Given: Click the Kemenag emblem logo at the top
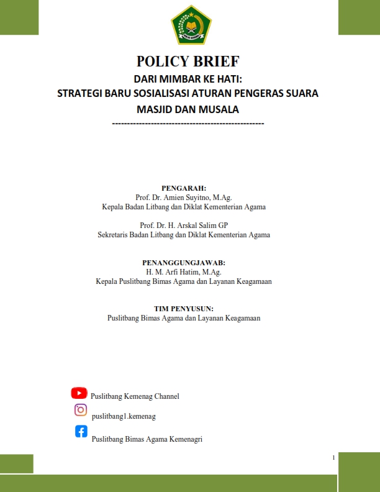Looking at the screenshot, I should click(191, 25).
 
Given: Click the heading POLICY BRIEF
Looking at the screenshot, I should click(188, 61).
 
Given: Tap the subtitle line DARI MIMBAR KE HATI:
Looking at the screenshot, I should click(188, 79).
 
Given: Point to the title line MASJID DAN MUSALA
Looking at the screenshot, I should click(188, 109).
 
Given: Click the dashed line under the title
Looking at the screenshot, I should click(188, 124).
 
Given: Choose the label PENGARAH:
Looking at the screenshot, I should click(184, 187).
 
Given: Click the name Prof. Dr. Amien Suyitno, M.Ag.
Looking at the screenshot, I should click(184, 197).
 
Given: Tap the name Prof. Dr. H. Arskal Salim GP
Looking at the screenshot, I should click(184, 225).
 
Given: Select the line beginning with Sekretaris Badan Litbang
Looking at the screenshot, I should click(184, 235).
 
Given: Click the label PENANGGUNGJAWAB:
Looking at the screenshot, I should click(184, 263).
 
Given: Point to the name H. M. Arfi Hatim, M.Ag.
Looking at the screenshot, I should click(184, 272).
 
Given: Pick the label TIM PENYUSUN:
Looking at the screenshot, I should click(184, 308).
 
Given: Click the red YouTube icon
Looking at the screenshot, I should click(79, 393).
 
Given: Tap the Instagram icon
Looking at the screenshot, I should click(80, 410).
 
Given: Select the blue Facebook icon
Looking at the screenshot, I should click(81, 431).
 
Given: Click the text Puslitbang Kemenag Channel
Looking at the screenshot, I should click(135, 396).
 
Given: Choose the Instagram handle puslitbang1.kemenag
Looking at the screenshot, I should click(124, 416).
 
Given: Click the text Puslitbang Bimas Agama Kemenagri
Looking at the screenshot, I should click(147, 439).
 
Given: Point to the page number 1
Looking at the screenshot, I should click(334, 458).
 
